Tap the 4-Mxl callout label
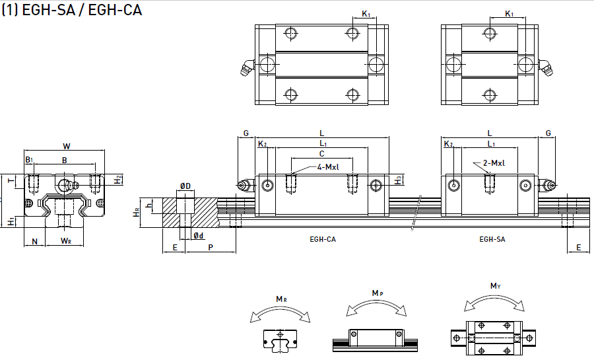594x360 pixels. point(327,166)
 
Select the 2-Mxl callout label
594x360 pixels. point(494,163)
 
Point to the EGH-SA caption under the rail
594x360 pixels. point(492,239)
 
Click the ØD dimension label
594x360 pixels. point(185,186)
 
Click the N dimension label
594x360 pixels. point(34,241)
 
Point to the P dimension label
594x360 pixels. point(210,247)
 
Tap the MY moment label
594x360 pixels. point(495,286)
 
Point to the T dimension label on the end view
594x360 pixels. point(9,180)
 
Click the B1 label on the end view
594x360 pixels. point(29,160)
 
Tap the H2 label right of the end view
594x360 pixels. point(117,179)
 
